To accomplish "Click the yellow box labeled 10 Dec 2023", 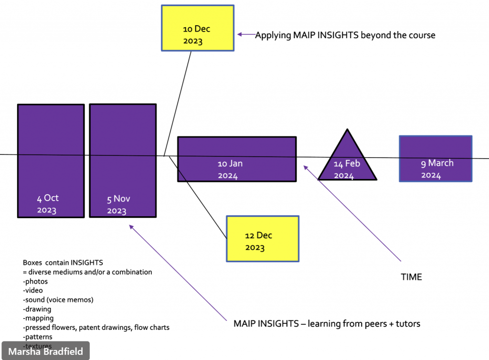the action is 198,28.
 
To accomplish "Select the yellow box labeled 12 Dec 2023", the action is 263,239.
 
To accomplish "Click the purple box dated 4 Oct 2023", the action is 51,161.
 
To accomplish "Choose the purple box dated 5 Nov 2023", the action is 123,160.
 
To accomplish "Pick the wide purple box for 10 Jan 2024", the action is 237,159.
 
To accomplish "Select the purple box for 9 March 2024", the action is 436,159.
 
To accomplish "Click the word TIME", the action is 411,277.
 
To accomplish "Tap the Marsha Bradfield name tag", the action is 45,351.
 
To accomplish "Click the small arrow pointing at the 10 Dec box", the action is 246,34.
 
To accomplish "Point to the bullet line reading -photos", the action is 35,281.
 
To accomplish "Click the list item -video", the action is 33,290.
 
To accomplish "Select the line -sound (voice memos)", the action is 58,300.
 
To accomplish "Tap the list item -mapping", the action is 38,318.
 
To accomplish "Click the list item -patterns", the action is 37,337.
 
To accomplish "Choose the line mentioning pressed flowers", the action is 96,328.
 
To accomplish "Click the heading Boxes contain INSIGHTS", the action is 63,263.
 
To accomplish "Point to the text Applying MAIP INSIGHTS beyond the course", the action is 345,35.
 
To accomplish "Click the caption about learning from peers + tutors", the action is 327,324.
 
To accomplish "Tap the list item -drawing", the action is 37,309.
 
